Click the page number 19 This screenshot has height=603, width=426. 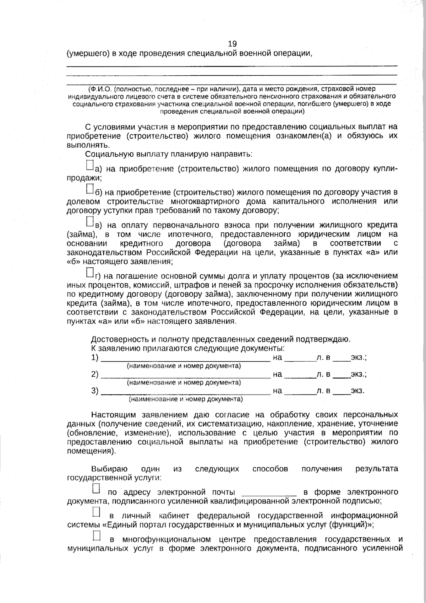(232, 44)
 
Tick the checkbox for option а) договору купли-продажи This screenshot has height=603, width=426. (90, 166)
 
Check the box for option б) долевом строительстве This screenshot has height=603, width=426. (90, 189)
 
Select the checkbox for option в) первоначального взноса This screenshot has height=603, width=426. (90, 221)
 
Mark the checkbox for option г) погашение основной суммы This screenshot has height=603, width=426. (90, 273)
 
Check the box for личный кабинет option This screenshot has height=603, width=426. (96, 512)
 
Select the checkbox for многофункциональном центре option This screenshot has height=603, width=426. (96, 535)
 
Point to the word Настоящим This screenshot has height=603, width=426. (114, 415)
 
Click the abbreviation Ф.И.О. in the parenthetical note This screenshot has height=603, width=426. (101, 89)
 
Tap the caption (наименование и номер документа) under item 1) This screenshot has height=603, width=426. (184, 366)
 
